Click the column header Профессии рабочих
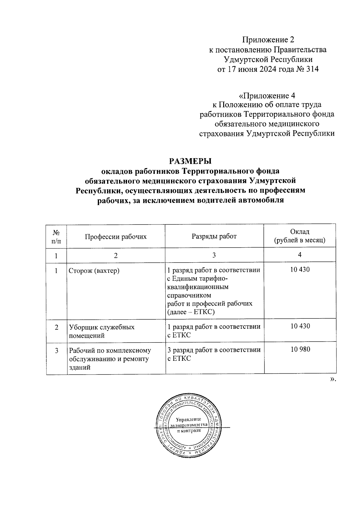coord(116,236)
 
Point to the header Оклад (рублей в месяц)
coord(300,236)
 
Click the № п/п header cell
coord(56,236)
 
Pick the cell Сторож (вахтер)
coord(94,271)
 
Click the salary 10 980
coord(300,349)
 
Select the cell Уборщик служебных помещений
coord(101,331)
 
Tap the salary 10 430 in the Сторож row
coord(300,270)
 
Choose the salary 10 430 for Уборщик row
coord(300,326)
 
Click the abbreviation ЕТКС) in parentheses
coord(205,312)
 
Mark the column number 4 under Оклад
coord(300,255)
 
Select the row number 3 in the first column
coord(56,350)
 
